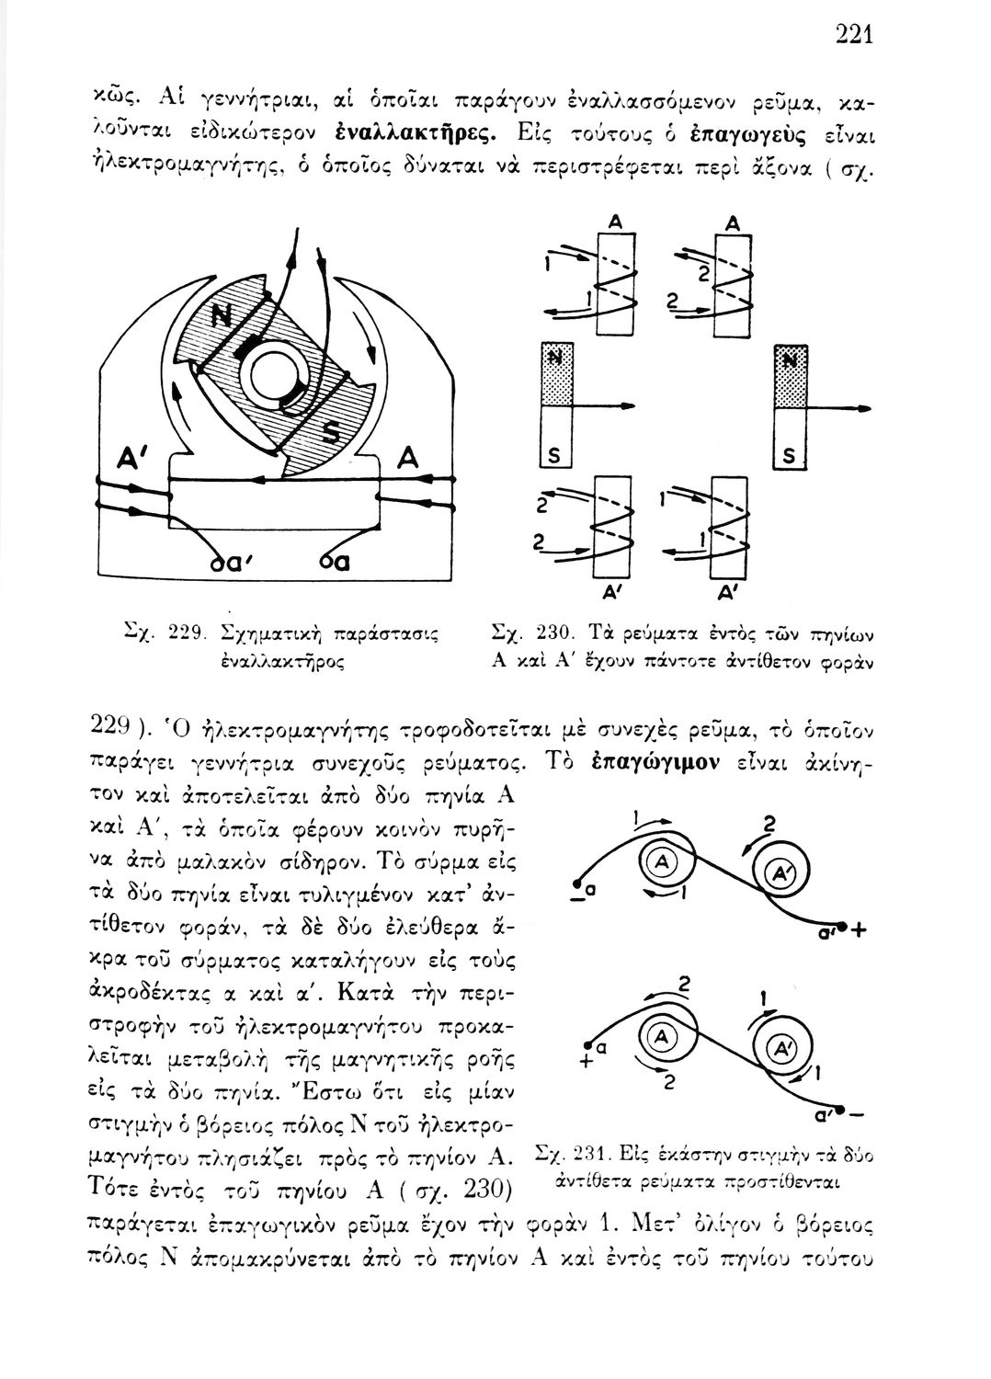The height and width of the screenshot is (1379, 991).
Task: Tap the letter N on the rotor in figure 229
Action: [x=223, y=316]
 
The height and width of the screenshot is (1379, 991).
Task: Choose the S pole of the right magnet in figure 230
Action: [x=789, y=452]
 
